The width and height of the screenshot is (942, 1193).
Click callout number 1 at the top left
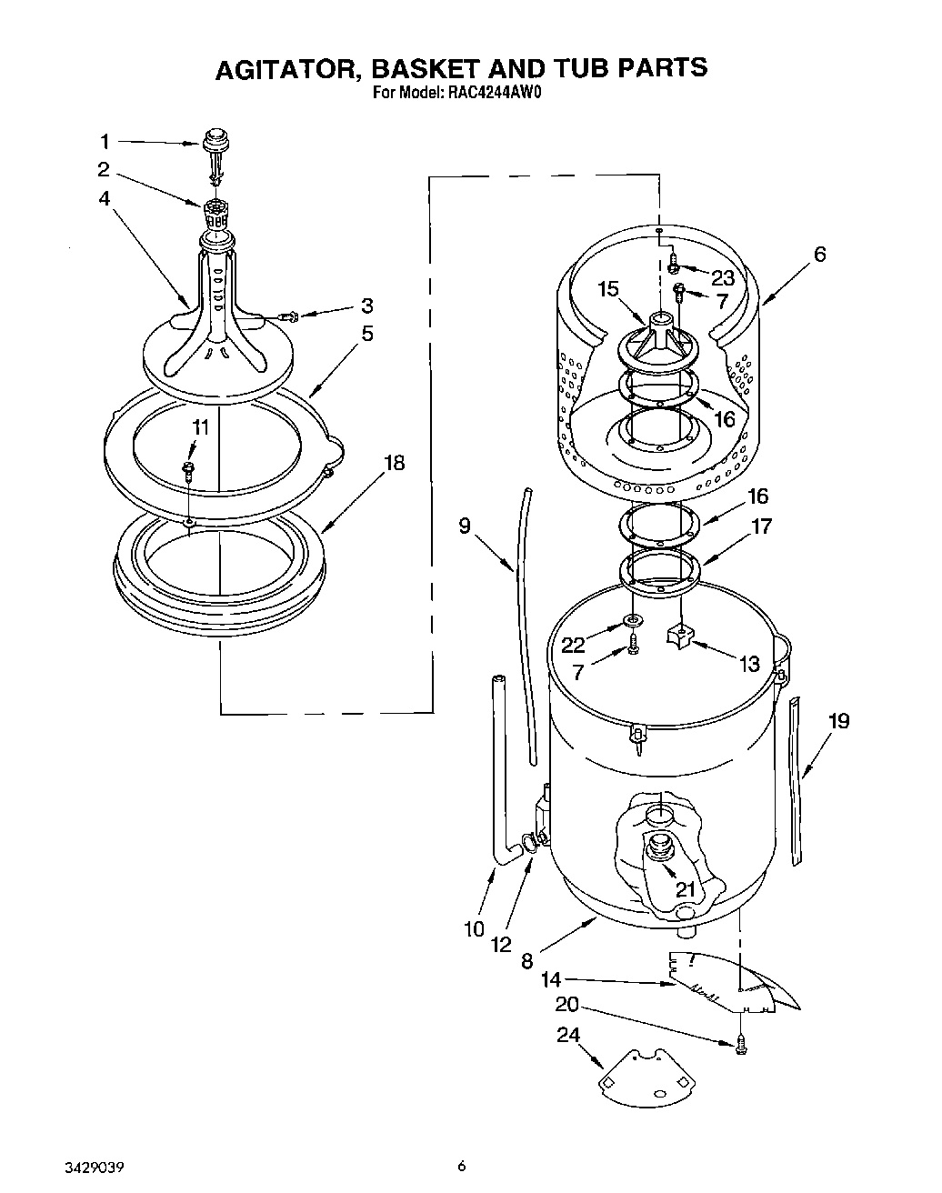104,141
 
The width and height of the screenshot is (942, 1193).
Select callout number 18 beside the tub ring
393,463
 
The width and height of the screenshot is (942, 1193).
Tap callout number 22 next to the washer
573,644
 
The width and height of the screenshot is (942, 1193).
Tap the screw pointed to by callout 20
740,1047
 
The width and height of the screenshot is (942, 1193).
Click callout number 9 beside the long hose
465,526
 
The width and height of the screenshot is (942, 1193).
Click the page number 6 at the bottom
462,1166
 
